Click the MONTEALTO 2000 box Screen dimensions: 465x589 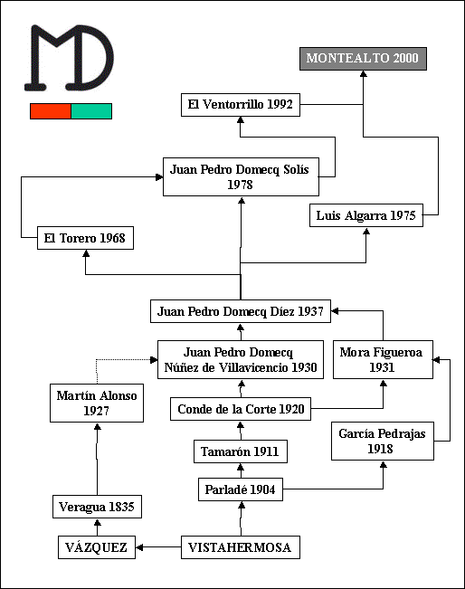[x=363, y=59]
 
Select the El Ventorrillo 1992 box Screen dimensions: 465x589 [x=241, y=105]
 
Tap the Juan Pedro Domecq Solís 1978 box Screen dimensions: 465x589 [x=241, y=177]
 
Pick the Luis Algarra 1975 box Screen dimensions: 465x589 [x=366, y=215]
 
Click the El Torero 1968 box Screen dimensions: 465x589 [x=85, y=238]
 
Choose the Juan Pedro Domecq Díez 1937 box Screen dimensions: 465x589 [x=241, y=311]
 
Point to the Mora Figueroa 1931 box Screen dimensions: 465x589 [x=383, y=359]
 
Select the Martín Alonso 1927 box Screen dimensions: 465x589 [x=97, y=403]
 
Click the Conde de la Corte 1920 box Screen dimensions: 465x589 [x=241, y=409]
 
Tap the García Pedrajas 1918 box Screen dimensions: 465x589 [x=383, y=441]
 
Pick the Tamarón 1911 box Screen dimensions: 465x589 [x=241, y=451]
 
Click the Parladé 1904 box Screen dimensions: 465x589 [x=241, y=489]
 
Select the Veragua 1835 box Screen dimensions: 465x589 [x=97, y=507]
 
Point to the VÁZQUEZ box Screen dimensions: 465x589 [x=97, y=547]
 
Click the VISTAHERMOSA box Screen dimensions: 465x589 [x=241, y=547]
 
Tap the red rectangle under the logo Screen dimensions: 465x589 [x=51, y=111]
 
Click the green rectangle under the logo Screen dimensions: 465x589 [x=91, y=111]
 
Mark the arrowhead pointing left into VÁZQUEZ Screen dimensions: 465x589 [x=139, y=547]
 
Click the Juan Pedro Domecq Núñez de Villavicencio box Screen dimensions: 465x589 [x=241, y=359]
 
